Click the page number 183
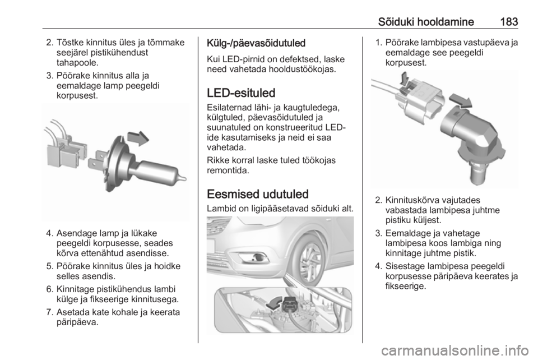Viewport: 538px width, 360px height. (x=509, y=22)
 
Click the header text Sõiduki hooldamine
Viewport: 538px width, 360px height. (x=426, y=22)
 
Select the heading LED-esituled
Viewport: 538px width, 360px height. (x=241, y=93)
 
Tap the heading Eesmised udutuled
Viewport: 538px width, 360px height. (x=258, y=194)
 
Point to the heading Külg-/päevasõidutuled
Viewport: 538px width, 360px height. (x=256, y=43)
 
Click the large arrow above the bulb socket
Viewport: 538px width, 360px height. (x=460, y=100)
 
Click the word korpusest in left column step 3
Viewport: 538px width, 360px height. (x=77, y=95)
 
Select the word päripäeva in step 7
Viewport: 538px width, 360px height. (x=77, y=322)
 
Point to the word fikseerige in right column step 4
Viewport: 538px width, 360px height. (x=406, y=286)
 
